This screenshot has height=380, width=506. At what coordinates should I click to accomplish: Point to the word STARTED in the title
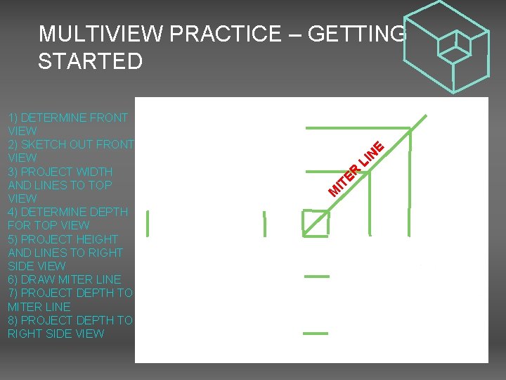[90, 61]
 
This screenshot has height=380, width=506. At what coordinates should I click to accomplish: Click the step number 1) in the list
[13, 118]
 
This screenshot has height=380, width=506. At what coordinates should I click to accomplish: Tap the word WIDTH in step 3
[93, 172]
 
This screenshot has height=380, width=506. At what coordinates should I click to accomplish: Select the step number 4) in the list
[14, 212]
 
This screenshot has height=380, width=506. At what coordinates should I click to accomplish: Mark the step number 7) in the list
[13, 293]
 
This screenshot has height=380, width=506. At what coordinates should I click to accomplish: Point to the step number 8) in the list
[14, 320]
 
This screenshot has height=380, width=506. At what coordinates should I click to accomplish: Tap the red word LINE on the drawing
[373, 156]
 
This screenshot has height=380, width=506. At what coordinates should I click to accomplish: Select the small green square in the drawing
[315, 223]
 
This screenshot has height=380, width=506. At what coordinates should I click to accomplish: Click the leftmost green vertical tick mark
[148, 223]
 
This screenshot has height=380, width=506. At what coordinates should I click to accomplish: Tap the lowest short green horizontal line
[316, 333]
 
